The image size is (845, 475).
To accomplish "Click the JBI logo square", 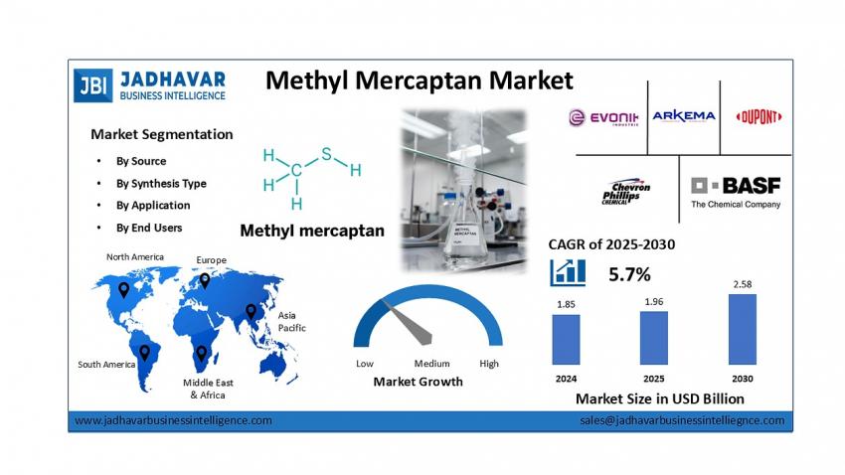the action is (x=93, y=85).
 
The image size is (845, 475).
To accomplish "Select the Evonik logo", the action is (x=603, y=117).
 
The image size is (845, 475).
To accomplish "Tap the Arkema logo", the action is (x=684, y=116).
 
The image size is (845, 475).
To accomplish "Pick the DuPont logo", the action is (x=759, y=117).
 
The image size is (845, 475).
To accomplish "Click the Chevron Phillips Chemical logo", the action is (x=626, y=192).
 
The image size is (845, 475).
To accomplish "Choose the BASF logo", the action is (x=736, y=192).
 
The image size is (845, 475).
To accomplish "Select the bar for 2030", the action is (x=742, y=329).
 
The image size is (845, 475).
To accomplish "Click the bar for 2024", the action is (x=566, y=339).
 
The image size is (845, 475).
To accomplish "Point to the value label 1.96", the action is (x=654, y=301).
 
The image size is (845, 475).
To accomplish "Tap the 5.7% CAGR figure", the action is (x=629, y=274).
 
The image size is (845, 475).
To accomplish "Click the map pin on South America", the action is (x=144, y=353).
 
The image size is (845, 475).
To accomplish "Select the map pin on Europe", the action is (x=205, y=280).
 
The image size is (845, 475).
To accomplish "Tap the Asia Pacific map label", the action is (x=291, y=322).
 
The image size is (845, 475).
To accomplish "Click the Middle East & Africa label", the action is (x=208, y=389).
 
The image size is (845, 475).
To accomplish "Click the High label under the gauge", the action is (x=489, y=364).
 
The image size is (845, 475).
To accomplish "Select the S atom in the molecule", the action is (x=326, y=155).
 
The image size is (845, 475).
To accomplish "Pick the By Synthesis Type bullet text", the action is (x=161, y=184).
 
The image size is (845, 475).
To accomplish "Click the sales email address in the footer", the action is (x=682, y=420).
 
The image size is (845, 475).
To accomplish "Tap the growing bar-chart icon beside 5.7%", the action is (x=568, y=272).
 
